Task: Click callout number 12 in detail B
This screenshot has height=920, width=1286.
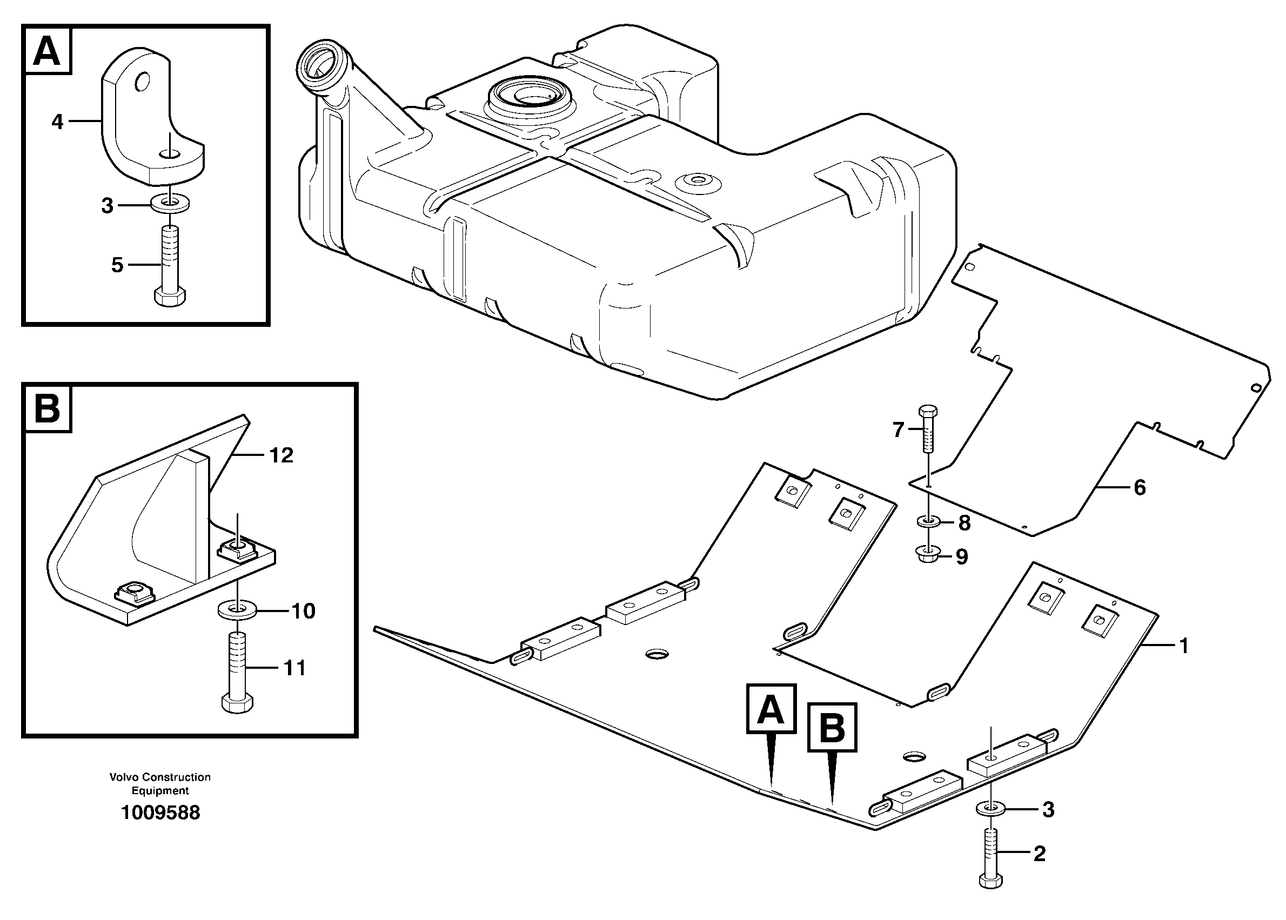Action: (x=282, y=455)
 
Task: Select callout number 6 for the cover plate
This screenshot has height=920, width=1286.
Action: (x=1140, y=487)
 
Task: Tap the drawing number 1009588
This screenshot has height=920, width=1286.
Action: (x=160, y=813)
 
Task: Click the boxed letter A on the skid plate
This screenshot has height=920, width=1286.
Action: (x=771, y=709)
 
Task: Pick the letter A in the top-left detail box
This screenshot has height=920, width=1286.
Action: (x=47, y=50)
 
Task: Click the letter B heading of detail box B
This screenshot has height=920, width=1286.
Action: (x=47, y=408)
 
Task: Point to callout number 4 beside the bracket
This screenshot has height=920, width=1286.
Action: (x=57, y=121)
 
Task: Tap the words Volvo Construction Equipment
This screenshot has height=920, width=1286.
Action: (x=160, y=783)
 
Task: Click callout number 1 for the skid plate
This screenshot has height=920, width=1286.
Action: (x=1183, y=645)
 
